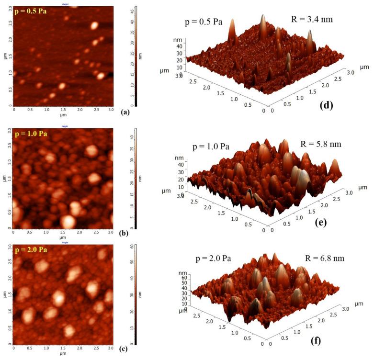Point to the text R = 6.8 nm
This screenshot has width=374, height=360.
tap(324, 259)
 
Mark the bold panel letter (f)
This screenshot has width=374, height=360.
tap(329, 342)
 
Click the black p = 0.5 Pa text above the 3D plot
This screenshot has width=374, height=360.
tap(204, 22)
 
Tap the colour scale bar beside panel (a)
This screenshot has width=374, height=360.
tap(136, 56)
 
